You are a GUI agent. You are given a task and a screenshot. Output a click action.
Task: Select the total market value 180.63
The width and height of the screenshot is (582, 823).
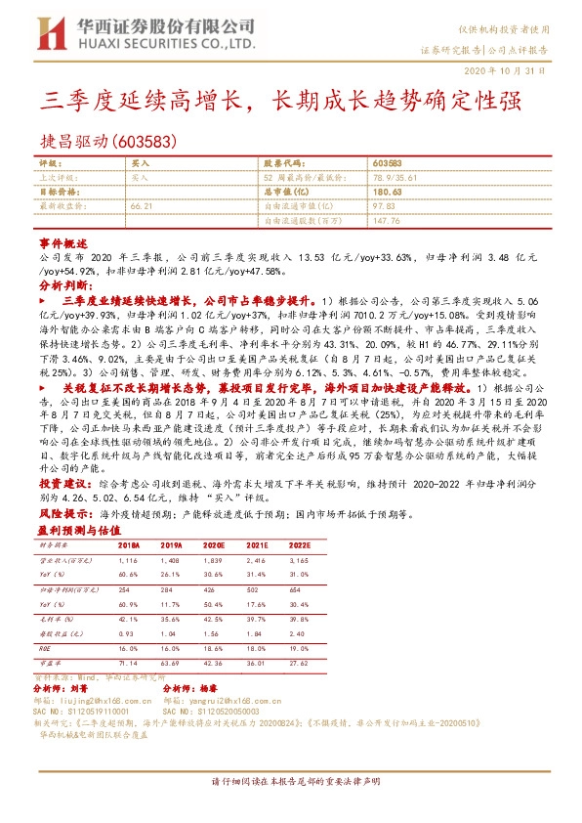[x=389, y=193]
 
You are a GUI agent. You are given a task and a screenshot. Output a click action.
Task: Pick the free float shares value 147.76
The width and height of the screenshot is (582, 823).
[x=387, y=221]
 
